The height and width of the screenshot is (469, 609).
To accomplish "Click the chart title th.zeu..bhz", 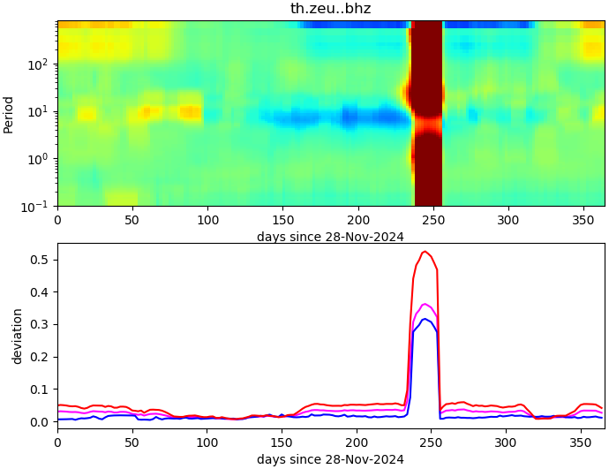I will [x=330, y=9].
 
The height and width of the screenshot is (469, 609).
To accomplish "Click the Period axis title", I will [x=9, y=114].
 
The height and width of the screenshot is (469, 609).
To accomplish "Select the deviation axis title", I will [x=18, y=336].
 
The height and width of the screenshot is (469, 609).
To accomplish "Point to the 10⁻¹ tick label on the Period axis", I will [x=39, y=206].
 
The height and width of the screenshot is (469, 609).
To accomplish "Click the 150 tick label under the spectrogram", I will [x=282, y=220].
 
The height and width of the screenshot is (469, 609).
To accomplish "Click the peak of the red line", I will [x=425, y=252].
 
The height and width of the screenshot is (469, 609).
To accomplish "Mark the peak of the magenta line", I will [x=425, y=304].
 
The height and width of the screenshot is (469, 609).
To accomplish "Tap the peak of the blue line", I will [x=425, y=319].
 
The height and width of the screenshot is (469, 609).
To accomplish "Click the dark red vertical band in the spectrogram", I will [x=428, y=115].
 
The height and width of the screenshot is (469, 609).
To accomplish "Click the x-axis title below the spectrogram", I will [x=330, y=236].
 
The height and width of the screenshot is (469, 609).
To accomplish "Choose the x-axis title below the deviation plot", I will [x=330, y=459].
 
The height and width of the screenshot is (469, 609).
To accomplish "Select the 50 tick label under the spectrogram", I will [x=132, y=220].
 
